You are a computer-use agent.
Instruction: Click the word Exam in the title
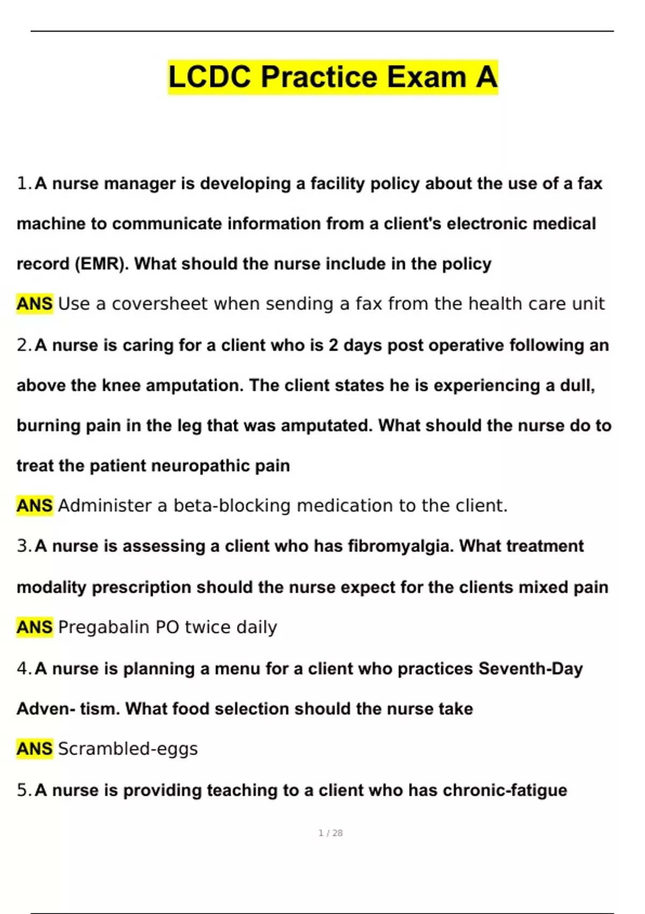pos(426,77)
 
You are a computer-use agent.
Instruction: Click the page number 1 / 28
pos(331,833)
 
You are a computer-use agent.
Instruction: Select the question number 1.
pos(24,184)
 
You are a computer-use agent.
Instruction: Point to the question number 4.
pos(24,669)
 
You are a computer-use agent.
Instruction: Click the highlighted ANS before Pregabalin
pos(34,627)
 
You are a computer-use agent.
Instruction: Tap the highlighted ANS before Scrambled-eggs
pos(34,749)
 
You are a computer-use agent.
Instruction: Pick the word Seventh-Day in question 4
pos(531,669)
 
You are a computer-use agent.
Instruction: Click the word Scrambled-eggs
pos(127,749)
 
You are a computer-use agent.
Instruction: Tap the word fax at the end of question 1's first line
pos(590,184)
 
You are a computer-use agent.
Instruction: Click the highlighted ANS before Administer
pos(34,506)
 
